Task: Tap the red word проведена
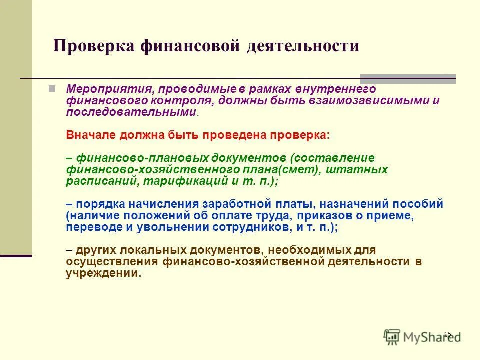(x=235, y=135)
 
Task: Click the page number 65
(x=447, y=334)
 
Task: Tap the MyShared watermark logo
(x=422, y=337)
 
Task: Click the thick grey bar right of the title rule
(x=408, y=79)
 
